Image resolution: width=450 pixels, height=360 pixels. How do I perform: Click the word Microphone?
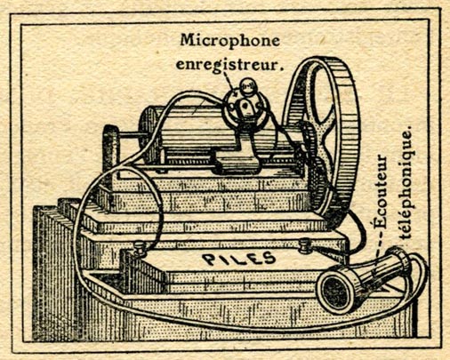230,41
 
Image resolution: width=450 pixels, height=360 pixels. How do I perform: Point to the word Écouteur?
381,191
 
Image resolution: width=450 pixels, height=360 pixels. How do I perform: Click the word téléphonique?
405,182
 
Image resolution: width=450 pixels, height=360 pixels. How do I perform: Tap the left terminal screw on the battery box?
139,247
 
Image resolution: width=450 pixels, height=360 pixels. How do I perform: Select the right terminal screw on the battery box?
305,245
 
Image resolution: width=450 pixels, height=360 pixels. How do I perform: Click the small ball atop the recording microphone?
248,86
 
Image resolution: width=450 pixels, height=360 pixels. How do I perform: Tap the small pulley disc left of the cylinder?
110,148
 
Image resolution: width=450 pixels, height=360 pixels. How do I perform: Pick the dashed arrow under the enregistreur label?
229,82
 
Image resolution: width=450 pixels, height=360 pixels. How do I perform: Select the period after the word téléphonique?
410,128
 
